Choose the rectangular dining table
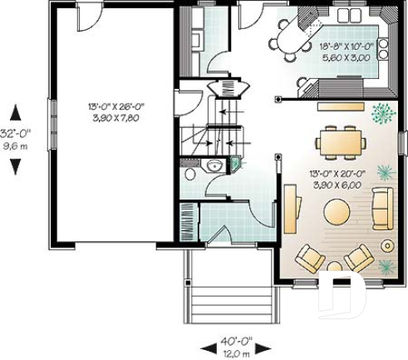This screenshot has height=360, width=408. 341,141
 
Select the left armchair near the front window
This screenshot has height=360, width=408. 310,258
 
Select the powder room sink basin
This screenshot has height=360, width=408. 214,165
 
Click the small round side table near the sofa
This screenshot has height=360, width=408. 387,245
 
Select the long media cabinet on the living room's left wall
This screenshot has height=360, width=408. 291,209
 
